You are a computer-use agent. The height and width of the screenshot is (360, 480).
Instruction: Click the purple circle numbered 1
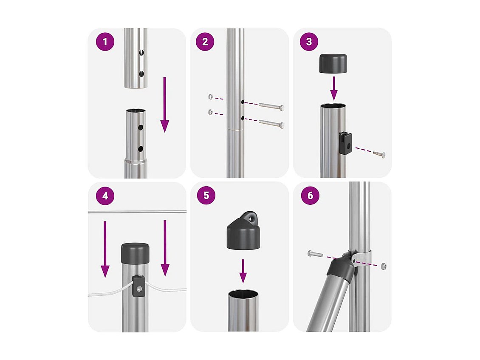(x=105, y=42)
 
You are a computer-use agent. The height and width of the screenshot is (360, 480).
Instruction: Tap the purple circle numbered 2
(x=205, y=42)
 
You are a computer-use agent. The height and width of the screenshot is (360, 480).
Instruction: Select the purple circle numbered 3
(x=309, y=42)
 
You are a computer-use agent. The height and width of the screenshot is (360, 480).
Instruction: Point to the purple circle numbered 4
(x=105, y=196)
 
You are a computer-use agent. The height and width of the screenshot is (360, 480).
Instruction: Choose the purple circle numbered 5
(x=206, y=195)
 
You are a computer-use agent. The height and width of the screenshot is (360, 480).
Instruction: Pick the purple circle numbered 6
(x=310, y=195)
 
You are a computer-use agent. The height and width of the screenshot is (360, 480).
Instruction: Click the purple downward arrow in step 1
(x=165, y=105)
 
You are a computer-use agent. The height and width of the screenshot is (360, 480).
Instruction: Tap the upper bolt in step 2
(x=271, y=106)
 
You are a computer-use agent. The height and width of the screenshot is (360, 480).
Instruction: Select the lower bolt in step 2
(x=271, y=124)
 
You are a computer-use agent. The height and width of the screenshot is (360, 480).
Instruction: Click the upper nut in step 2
(x=211, y=97)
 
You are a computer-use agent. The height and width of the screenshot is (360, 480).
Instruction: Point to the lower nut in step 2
(x=211, y=112)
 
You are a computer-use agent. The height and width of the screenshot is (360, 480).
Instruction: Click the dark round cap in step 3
(x=333, y=64)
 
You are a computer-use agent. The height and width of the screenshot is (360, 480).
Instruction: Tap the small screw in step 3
(x=379, y=154)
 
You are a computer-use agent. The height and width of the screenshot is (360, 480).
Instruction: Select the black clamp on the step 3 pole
(x=345, y=143)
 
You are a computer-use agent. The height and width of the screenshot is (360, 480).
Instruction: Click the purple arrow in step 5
(x=243, y=271)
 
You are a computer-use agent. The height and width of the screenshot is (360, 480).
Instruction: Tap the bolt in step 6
(x=315, y=254)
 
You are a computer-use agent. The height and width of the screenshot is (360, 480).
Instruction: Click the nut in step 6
(x=384, y=266)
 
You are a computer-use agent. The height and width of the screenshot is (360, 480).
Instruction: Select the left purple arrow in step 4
(x=105, y=249)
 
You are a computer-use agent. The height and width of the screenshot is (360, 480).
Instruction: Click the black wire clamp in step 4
(x=138, y=286)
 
